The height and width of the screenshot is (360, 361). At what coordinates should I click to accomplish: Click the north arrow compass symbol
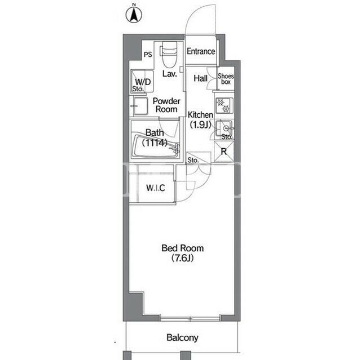click(x=134, y=14)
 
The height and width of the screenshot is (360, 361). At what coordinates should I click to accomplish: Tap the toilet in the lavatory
click(x=169, y=54)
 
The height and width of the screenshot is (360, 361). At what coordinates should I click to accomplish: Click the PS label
click(x=148, y=55)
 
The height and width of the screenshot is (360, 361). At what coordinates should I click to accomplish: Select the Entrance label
click(x=201, y=51)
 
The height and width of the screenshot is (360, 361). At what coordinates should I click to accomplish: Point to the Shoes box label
click(x=226, y=79)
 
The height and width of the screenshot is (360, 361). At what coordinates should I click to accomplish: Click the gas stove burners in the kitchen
click(x=224, y=105)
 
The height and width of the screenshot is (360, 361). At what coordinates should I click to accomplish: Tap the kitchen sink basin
click(x=224, y=128)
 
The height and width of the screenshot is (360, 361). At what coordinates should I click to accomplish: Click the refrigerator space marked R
click(x=224, y=151)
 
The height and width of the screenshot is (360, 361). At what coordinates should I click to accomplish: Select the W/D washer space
click(x=142, y=82)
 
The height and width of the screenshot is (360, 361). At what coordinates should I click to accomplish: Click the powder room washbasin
click(x=140, y=106)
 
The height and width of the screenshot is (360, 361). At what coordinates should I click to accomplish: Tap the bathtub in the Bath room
click(x=156, y=146)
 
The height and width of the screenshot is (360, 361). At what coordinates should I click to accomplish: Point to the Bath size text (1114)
click(x=155, y=143)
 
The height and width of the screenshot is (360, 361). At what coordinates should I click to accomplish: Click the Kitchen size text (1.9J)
click(x=200, y=125)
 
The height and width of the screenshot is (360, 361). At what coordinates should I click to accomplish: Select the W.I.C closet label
click(x=156, y=188)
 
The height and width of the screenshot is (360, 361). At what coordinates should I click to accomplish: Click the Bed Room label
click(x=183, y=248)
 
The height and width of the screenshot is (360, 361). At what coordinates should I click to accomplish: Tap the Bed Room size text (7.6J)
click(x=182, y=258)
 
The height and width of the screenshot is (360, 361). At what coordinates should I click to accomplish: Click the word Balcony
click(x=182, y=337)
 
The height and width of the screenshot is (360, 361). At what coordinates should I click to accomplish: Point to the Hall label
click(x=201, y=78)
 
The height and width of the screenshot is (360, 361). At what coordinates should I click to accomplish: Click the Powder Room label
click(x=166, y=105)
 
